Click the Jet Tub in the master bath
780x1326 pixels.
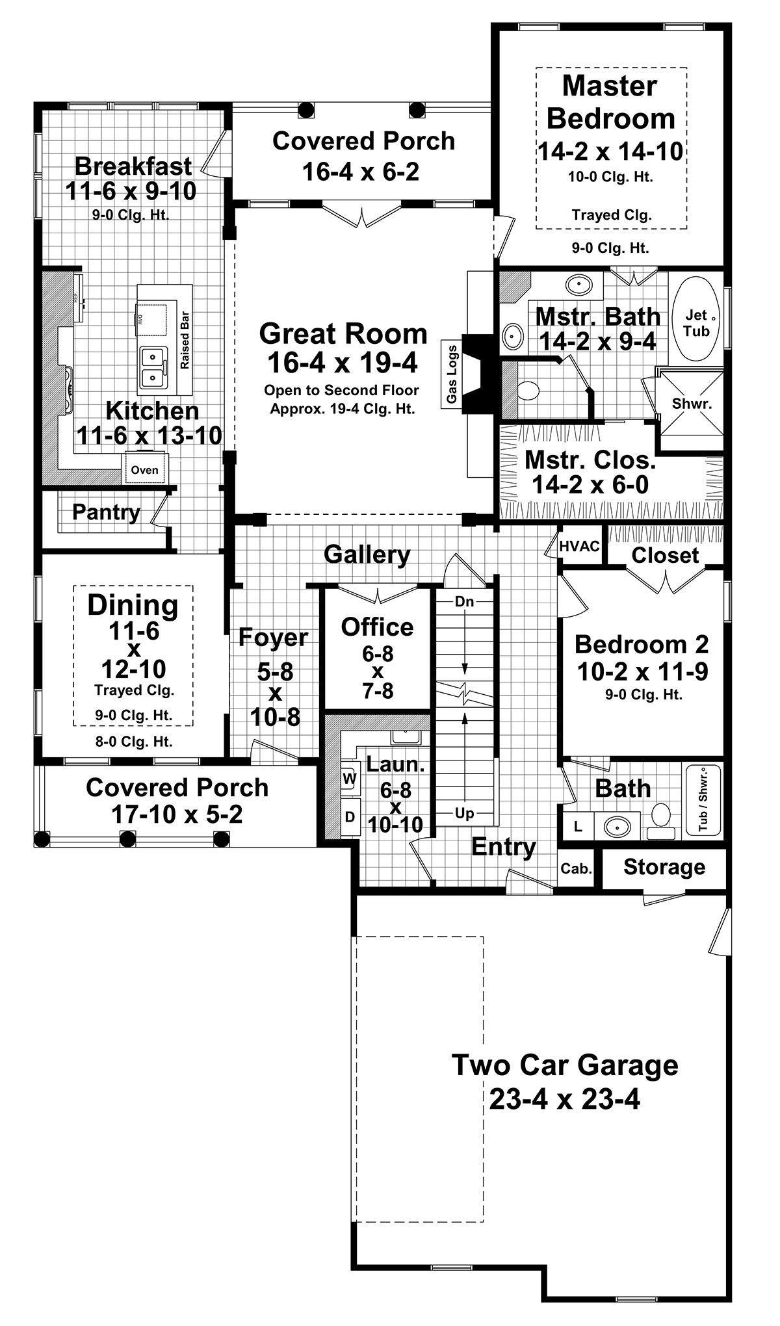(696, 323)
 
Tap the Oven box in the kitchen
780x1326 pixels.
(144, 469)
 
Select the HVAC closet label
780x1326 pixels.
(579, 546)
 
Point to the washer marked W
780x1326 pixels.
(350, 778)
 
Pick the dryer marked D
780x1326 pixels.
(350, 816)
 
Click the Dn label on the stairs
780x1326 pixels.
(464, 601)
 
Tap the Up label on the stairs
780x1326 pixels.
(464, 813)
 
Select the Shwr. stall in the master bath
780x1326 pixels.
(692, 403)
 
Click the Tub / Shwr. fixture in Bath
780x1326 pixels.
(703, 799)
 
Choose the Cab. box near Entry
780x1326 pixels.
(576, 868)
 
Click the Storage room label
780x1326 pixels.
(664, 867)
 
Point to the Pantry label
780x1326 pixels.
(106, 512)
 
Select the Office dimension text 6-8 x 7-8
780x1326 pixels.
(378, 671)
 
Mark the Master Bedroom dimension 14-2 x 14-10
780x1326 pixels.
(610, 151)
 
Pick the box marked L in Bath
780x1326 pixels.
(577, 827)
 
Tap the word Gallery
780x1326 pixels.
(367, 554)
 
